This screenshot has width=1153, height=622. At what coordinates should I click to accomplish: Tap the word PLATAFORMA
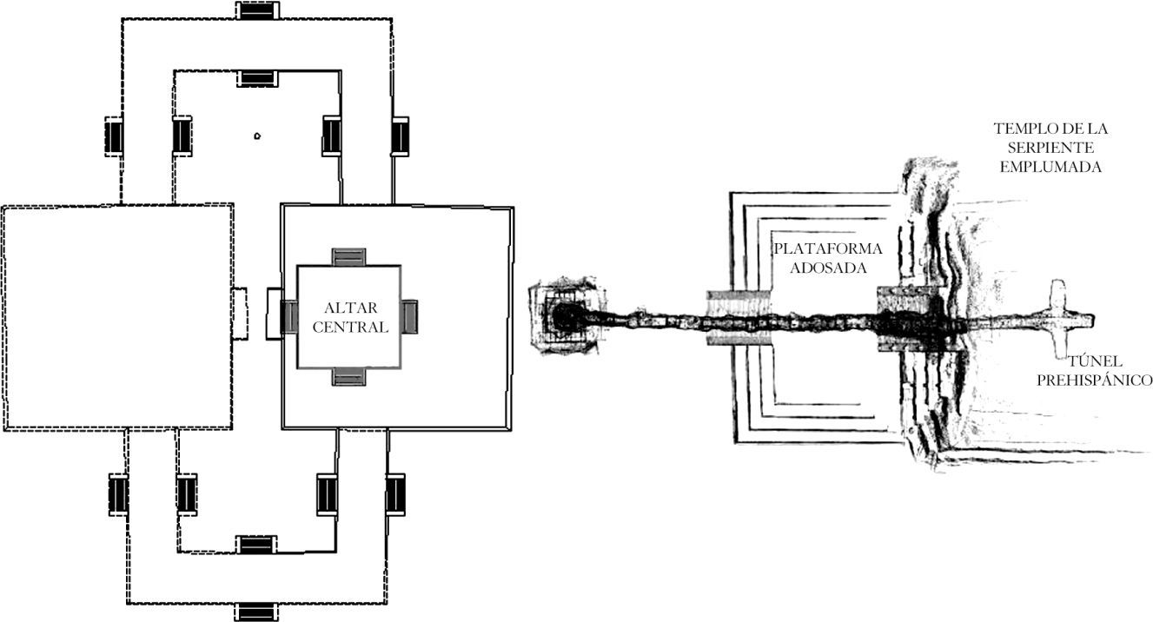point(828,249)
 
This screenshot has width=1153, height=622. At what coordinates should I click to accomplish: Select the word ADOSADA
point(828,268)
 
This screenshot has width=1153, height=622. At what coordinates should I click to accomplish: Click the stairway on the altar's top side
point(349,258)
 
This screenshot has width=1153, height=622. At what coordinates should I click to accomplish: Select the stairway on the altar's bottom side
point(349,376)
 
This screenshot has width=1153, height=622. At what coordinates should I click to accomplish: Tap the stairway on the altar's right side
point(409,316)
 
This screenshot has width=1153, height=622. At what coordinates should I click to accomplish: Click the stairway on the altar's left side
point(289,316)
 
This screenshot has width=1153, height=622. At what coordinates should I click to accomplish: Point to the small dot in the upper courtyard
point(257,136)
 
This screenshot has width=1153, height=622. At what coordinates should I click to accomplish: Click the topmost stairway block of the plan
point(258,10)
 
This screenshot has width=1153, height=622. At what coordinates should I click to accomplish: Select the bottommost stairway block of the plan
point(258,612)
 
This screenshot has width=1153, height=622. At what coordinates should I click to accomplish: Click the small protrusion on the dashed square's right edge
point(241,314)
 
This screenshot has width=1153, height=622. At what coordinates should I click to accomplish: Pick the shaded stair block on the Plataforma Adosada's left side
point(739,318)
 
